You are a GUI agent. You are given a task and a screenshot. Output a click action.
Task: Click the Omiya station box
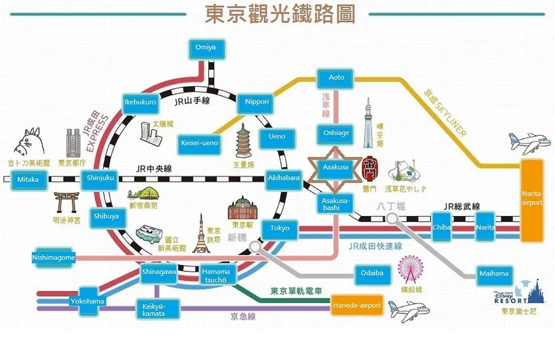(x=206, y=49)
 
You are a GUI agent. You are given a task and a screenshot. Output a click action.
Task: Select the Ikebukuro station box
(x=140, y=103)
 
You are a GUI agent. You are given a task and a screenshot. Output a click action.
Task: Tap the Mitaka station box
(x=28, y=180)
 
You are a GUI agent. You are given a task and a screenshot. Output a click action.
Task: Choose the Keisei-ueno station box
(x=199, y=144)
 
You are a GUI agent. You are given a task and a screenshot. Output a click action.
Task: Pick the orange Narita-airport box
(x=532, y=201)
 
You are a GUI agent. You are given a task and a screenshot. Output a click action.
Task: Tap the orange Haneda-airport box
(x=357, y=305)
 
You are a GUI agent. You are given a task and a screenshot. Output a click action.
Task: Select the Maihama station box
(x=494, y=275)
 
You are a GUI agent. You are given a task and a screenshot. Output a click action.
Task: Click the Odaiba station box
(x=373, y=274)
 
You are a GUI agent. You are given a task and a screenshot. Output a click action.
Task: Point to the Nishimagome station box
(x=53, y=258)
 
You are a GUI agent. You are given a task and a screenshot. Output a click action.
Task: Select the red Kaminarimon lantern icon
(x=370, y=169)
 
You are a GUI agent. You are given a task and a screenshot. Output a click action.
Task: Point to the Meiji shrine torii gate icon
(x=67, y=203)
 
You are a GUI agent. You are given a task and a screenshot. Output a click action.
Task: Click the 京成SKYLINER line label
(x=445, y=113)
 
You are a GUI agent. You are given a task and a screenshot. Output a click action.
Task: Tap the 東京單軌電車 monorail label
(x=297, y=291)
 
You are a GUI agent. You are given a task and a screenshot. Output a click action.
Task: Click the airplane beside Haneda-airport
(x=409, y=311)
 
